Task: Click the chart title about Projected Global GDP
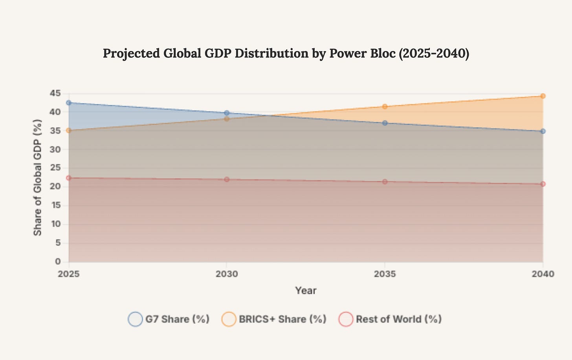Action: (x=286, y=53)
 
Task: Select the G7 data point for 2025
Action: (x=69, y=103)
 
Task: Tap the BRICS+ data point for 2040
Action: (x=543, y=96)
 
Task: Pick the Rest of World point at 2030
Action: (x=227, y=179)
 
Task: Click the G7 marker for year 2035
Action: (x=385, y=123)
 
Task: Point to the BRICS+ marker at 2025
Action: (x=69, y=130)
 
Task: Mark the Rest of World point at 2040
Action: (x=543, y=184)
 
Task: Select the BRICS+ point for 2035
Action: (x=385, y=106)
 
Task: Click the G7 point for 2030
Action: (x=227, y=113)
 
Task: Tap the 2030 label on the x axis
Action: (x=227, y=274)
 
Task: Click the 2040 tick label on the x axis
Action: (x=543, y=274)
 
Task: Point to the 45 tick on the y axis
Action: (x=55, y=93)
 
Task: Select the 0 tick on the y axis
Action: (x=58, y=261)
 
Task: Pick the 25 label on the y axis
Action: (x=55, y=168)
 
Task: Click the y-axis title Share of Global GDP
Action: (x=38, y=177)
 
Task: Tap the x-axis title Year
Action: (x=306, y=291)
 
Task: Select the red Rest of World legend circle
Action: (x=346, y=319)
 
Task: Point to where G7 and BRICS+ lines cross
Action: (x=267, y=115)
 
